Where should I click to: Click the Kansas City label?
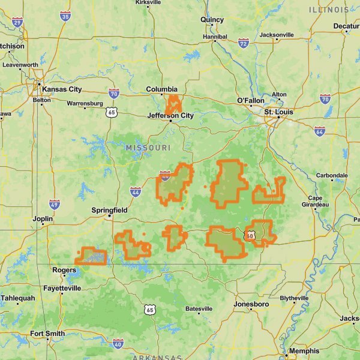tap(65, 89)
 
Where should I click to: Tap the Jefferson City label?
tap(170, 116)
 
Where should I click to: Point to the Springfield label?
tap(109, 211)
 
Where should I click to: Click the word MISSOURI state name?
tap(148, 148)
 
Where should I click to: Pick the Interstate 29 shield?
tap(17, 23)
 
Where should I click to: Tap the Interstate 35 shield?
tap(65, 15)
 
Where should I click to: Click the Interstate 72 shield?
tap(243, 43)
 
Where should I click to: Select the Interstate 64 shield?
tap(319, 130)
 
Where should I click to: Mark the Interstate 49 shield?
tap(55, 205)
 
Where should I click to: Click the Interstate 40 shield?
tap(118, 344)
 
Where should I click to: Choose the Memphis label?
tap(304, 351)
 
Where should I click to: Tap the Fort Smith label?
tap(47, 334)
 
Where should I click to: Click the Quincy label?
tap(212, 19)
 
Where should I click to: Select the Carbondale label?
tap(332, 175)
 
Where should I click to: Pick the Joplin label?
tap(44, 220)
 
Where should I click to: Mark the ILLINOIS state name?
tap(328, 10)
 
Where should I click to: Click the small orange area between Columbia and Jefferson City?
tap(173, 104)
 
